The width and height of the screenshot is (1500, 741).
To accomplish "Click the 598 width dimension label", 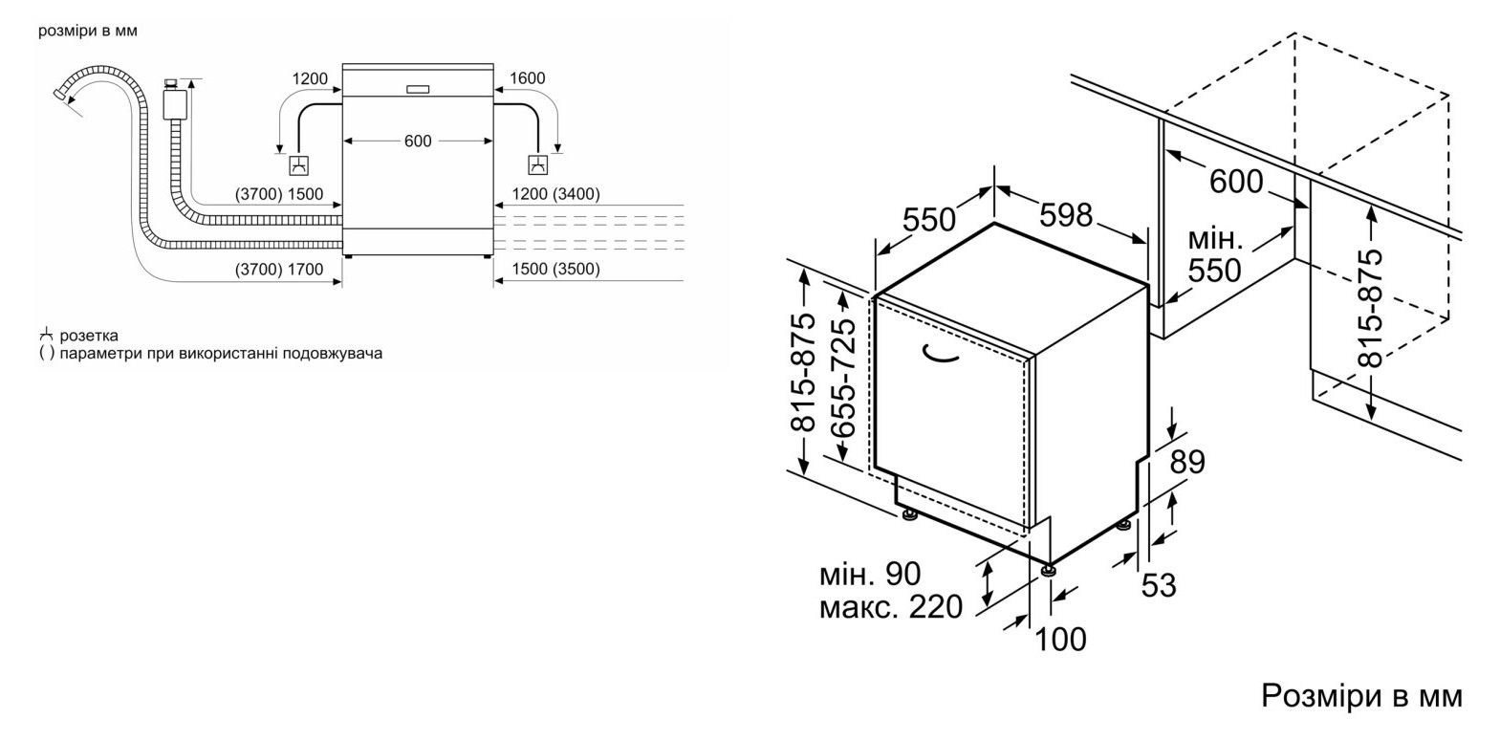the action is coord(1066,214).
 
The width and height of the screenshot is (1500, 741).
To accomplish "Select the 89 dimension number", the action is coord(1187,462).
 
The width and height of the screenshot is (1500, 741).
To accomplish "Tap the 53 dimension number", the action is coord(1159,585).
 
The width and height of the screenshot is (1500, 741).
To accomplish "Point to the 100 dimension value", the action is coord(1061,639).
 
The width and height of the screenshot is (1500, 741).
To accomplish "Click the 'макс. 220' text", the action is coord(891,606).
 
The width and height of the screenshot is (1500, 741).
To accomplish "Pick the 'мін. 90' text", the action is coord(870,574).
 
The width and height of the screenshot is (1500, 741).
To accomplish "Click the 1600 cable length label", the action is coord(527,78).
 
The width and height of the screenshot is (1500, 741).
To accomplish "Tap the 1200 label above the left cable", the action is coord(310,78).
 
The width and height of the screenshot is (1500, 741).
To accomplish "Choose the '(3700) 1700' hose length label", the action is coord(278,270).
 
